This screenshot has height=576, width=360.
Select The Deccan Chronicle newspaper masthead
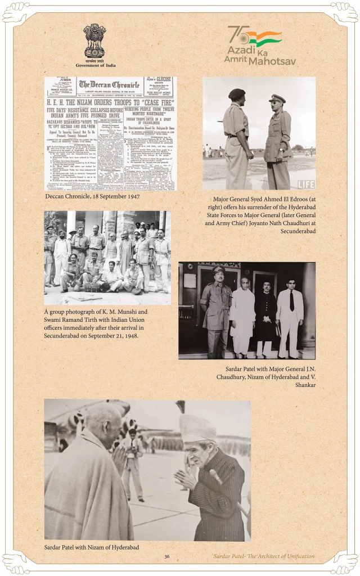[110, 84]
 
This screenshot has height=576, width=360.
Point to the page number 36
[167, 556]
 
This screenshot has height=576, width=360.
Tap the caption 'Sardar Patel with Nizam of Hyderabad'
[92, 547]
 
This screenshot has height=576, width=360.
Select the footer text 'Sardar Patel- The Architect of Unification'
[264, 556]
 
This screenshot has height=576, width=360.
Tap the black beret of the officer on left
[237, 94]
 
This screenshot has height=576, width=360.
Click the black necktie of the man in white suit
[291, 301]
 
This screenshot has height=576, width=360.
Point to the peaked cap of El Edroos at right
[278, 98]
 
